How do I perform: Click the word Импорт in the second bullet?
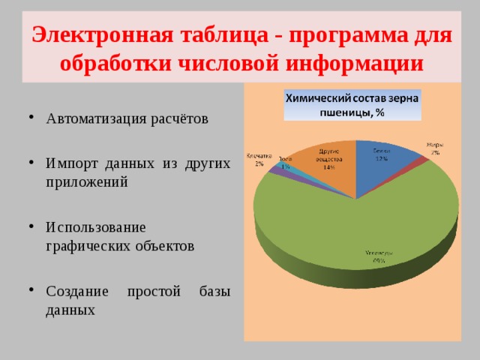(71, 163)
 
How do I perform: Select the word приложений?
(86, 181)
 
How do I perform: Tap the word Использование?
(95, 226)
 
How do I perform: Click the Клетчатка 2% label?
(258, 159)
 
